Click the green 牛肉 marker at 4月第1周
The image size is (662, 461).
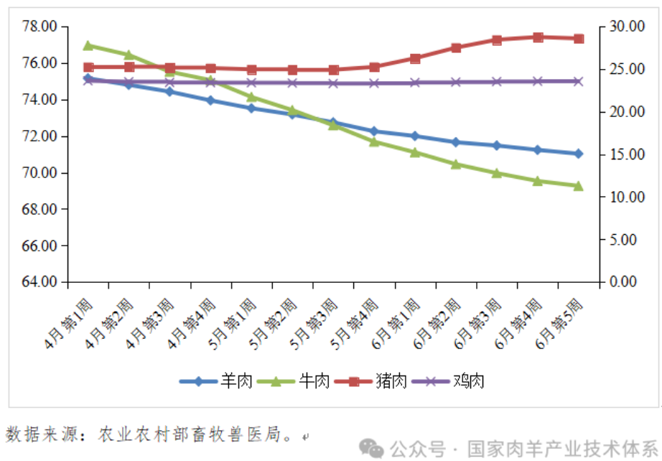pos(88,45)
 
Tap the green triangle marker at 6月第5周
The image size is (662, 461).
pos(578,185)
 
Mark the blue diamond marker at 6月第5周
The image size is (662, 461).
pos(578,154)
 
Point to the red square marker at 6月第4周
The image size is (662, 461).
pos(538,37)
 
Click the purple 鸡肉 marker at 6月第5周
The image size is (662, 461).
pos(578,81)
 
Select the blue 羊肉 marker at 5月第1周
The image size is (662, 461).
pos(251,108)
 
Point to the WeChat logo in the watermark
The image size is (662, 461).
pos(373,448)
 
